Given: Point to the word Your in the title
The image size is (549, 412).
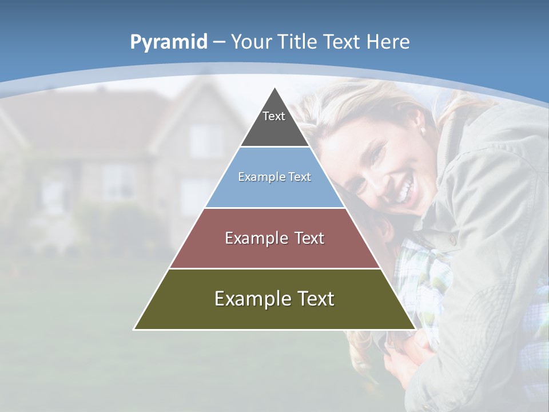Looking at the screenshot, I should pos(251,42).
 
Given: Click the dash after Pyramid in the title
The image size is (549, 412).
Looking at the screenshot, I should pos(218,42).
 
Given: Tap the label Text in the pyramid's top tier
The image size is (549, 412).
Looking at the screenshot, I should pos(274,116).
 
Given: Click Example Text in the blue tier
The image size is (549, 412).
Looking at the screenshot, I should pos(274,177).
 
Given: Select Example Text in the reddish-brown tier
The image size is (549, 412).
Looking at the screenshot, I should pos(274,238).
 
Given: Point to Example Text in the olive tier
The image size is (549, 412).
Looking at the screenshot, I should pos(274,299).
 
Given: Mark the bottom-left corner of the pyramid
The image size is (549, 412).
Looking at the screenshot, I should pos(134,329).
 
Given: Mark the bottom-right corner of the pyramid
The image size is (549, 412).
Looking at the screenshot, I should pos(415,329).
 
